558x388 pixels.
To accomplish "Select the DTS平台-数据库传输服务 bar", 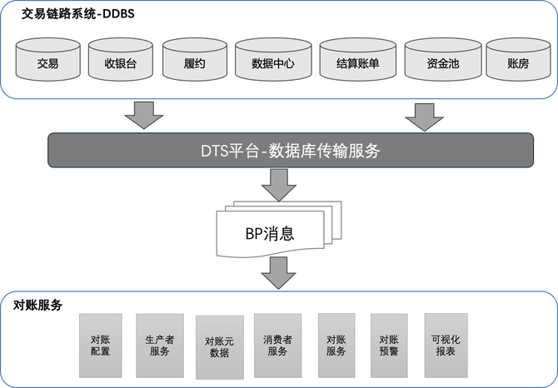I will coord(290,151).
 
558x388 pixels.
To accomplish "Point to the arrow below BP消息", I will coord(279,272).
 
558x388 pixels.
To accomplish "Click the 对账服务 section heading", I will coord(37,305).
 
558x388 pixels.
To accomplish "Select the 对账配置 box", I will coord(101,345).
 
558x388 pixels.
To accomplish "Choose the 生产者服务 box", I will coord(160,345).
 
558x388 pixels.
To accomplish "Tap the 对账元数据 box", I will coord(219,346).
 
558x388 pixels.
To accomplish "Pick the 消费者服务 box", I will coord(277,345).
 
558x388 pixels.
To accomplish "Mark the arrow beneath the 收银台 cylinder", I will coord(145,116).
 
